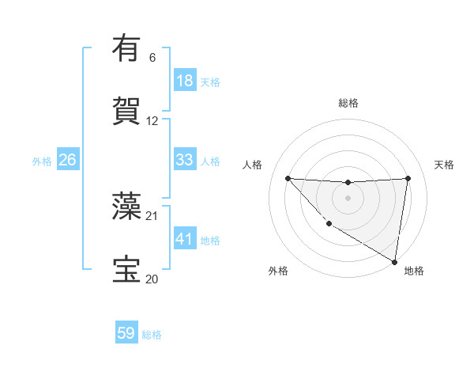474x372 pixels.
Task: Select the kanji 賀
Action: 126,110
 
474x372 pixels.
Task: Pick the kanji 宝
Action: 126,268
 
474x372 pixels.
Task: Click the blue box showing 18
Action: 184,81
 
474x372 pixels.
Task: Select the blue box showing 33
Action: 184,160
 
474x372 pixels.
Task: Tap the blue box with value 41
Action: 184,239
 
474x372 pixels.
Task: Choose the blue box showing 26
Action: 67,160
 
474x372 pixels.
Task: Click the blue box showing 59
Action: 126,333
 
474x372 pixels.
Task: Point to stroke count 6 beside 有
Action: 152,58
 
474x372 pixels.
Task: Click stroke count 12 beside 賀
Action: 152,121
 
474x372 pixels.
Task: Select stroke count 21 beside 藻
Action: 152,215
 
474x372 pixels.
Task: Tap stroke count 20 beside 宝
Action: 152,279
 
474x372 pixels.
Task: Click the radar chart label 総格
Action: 348,103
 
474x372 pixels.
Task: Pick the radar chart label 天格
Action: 444,165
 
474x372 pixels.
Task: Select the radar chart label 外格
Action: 278,271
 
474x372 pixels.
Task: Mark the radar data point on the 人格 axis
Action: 288,178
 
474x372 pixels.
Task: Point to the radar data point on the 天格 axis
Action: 408,178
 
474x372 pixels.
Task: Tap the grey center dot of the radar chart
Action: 348,197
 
